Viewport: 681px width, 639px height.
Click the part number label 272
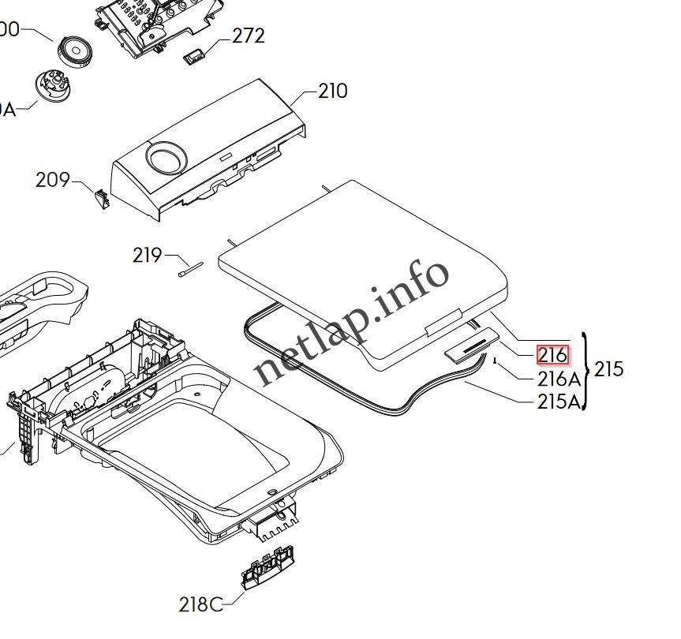coord(248,35)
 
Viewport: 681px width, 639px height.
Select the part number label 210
coord(332,91)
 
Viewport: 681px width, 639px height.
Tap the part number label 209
coord(53,180)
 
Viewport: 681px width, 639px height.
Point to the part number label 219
coord(147,255)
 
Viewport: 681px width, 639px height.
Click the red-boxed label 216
coord(552,355)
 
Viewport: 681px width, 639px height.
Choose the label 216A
coord(559,379)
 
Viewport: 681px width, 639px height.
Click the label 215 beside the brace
coord(608,368)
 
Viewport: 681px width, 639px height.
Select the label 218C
coord(200,604)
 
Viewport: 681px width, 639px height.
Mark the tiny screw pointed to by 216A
coord(493,362)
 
